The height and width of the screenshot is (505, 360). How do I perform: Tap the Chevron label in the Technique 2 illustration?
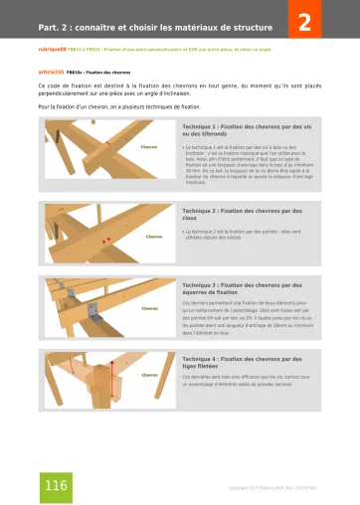pos(154,237)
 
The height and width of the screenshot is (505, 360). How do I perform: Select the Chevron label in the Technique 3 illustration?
pos(149,308)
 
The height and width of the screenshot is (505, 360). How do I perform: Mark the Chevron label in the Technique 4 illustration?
pos(150,376)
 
